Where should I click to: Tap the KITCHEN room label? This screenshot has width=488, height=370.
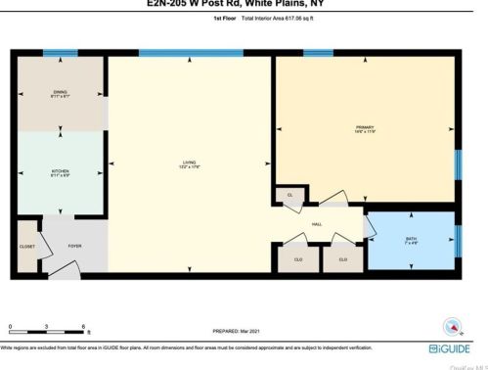61,171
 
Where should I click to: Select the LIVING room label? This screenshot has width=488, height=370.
189,162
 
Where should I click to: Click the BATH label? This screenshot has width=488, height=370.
411,237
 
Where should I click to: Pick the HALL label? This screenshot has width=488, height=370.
317,224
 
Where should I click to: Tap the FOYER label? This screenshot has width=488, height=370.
74,246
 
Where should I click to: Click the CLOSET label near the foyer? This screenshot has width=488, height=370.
27,246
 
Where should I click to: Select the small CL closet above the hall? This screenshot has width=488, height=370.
290,196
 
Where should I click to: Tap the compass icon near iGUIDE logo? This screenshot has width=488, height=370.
451,327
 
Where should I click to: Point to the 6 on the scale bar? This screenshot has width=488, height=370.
85,326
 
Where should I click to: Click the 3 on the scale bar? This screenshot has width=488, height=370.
46,326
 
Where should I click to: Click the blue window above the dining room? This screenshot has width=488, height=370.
61,53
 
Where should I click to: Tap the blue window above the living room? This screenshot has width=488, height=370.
171,53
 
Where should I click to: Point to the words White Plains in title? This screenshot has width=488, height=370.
300,5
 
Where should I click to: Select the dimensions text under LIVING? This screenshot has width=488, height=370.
189,168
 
